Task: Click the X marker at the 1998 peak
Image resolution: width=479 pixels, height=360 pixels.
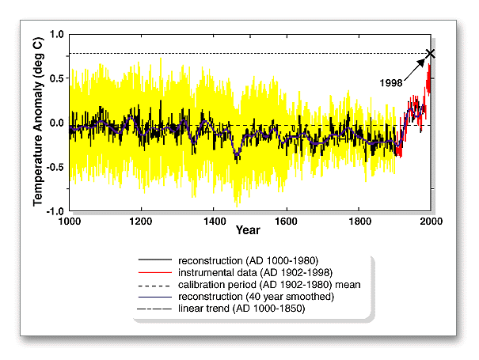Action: (431, 54)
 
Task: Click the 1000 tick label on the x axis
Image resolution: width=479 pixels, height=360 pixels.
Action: (70, 222)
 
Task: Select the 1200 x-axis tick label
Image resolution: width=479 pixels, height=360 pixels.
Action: (142, 222)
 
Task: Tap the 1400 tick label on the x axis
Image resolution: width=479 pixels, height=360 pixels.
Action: (214, 222)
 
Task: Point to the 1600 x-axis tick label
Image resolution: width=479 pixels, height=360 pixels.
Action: (287, 222)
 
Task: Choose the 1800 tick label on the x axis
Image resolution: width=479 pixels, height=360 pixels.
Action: (359, 222)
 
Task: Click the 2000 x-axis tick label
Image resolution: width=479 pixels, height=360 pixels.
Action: (431, 222)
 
